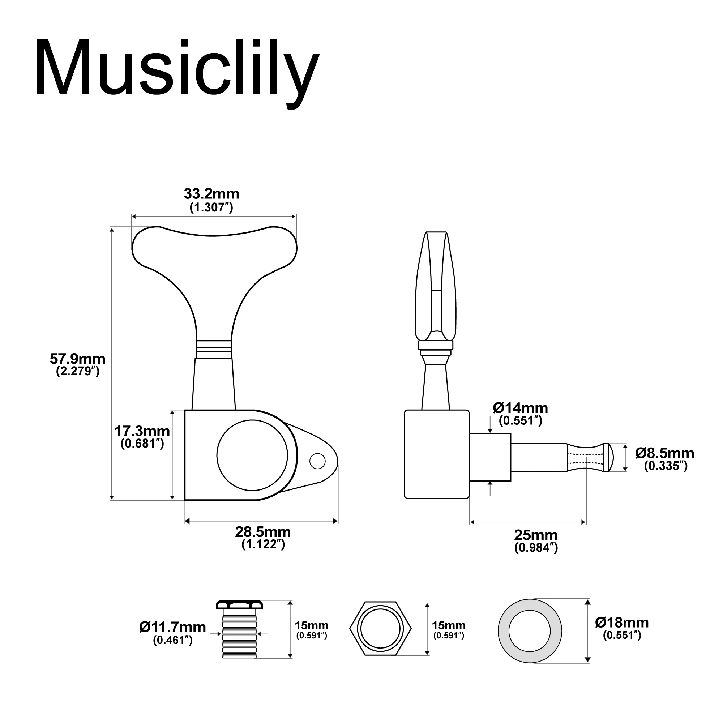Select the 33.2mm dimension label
point(211,194)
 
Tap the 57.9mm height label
point(77,359)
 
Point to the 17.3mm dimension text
point(142,432)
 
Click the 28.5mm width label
point(263,532)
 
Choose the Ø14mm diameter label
point(520,408)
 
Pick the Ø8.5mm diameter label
point(665,454)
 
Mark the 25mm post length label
point(536,535)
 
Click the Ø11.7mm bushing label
point(172,627)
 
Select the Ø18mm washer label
point(622,623)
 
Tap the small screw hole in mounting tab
point(318,461)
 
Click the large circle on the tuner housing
point(252,455)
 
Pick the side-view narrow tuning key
point(436,288)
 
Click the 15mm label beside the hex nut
point(449,626)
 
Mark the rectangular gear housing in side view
point(436,454)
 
